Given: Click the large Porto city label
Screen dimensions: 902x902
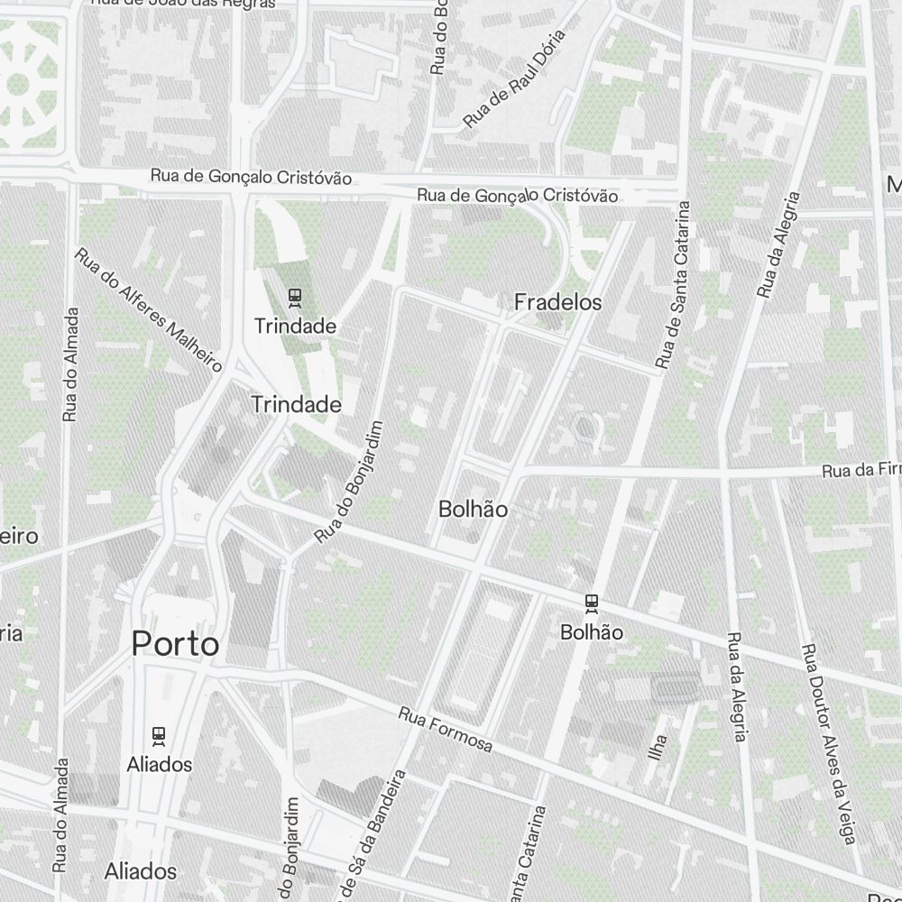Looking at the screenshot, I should [175, 644].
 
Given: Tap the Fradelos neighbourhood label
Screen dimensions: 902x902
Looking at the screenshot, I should [557, 302].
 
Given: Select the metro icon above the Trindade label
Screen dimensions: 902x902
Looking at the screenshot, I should [294, 296].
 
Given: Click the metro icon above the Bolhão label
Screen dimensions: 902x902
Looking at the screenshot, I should [592, 603].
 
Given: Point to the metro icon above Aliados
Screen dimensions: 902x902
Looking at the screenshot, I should [160, 735].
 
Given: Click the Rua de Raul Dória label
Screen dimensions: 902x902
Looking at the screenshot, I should [513, 78].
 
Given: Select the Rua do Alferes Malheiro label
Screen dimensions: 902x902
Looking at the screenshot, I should [148, 309].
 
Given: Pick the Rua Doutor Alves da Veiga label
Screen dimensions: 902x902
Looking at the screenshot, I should [827, 744].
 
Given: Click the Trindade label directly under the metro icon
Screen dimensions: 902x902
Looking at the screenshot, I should [295, 326].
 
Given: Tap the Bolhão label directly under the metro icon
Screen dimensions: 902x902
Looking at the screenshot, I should [592, 632].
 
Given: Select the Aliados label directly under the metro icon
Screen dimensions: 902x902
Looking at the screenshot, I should [160, 764].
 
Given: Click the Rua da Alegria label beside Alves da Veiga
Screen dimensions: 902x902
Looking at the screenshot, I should [736, 687].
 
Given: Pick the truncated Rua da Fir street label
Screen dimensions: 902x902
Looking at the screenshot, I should [861, 471].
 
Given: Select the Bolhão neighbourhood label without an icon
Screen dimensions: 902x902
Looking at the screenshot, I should [473, 509].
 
